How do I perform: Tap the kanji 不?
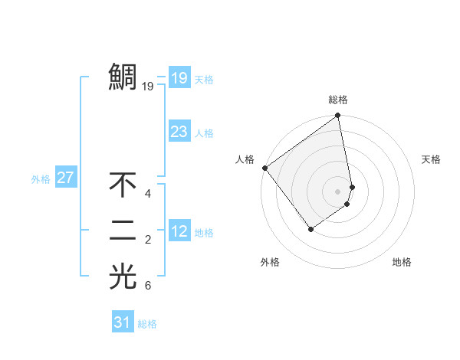click(x=123, y=185)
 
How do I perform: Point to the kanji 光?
click(x=123, y=277)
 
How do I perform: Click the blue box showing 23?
click(x=179, y=132)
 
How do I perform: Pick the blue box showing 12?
click(x=179, y=231)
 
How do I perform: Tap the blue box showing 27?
click(x=65, y=178)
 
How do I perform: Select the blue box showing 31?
click(x=122, y=322)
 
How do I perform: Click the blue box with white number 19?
click(x=179, y=77)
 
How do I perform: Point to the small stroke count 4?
click(x=148, y=194)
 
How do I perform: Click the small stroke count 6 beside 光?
click(x=148, y=286)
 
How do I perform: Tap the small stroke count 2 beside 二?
click(x=148, y=241)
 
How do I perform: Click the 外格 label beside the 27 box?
click(x=41, y=179)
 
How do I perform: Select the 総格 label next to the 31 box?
click(x=147, y=324)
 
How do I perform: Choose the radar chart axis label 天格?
click(x=431, y=159)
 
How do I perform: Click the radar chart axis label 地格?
click(x=402, y=262)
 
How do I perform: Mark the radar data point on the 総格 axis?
click(x=338, y=116)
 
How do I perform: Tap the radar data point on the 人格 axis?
click(x=264, y=168)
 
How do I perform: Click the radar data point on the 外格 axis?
click(x=310, y=228)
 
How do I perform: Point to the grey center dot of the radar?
click(x=338, y=191)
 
